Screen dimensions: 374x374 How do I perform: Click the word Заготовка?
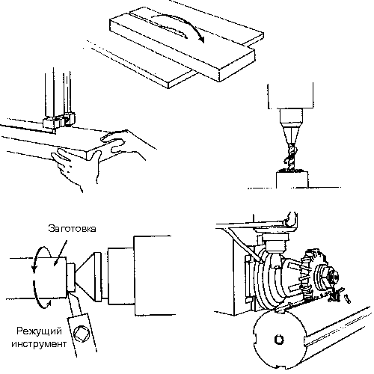click(72, 228)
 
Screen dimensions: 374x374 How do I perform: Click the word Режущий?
click(39, 332)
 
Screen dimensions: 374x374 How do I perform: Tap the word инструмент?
click(39, 344)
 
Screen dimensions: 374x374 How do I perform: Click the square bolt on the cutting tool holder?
click(82, 334)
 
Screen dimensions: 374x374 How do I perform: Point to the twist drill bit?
click(291, 156)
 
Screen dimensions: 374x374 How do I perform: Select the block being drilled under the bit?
click(292, 180)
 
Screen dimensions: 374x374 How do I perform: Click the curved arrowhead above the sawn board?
click(200, 39)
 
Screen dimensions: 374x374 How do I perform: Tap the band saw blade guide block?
click(59, 120)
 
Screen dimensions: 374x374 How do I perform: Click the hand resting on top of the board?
click(114, 143)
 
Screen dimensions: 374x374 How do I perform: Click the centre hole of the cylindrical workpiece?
click(279, 340)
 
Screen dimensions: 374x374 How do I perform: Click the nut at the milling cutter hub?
click(332, 276)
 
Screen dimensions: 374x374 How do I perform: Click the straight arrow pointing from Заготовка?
click(61, 252)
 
